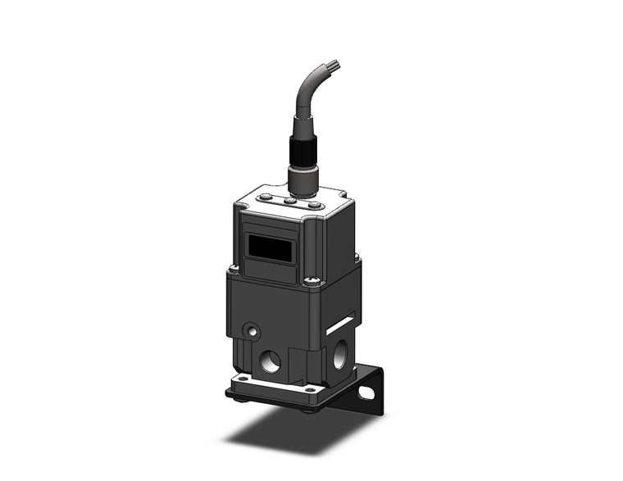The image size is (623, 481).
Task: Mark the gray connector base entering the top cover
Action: pyautogui.click(x=300, y=184)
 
